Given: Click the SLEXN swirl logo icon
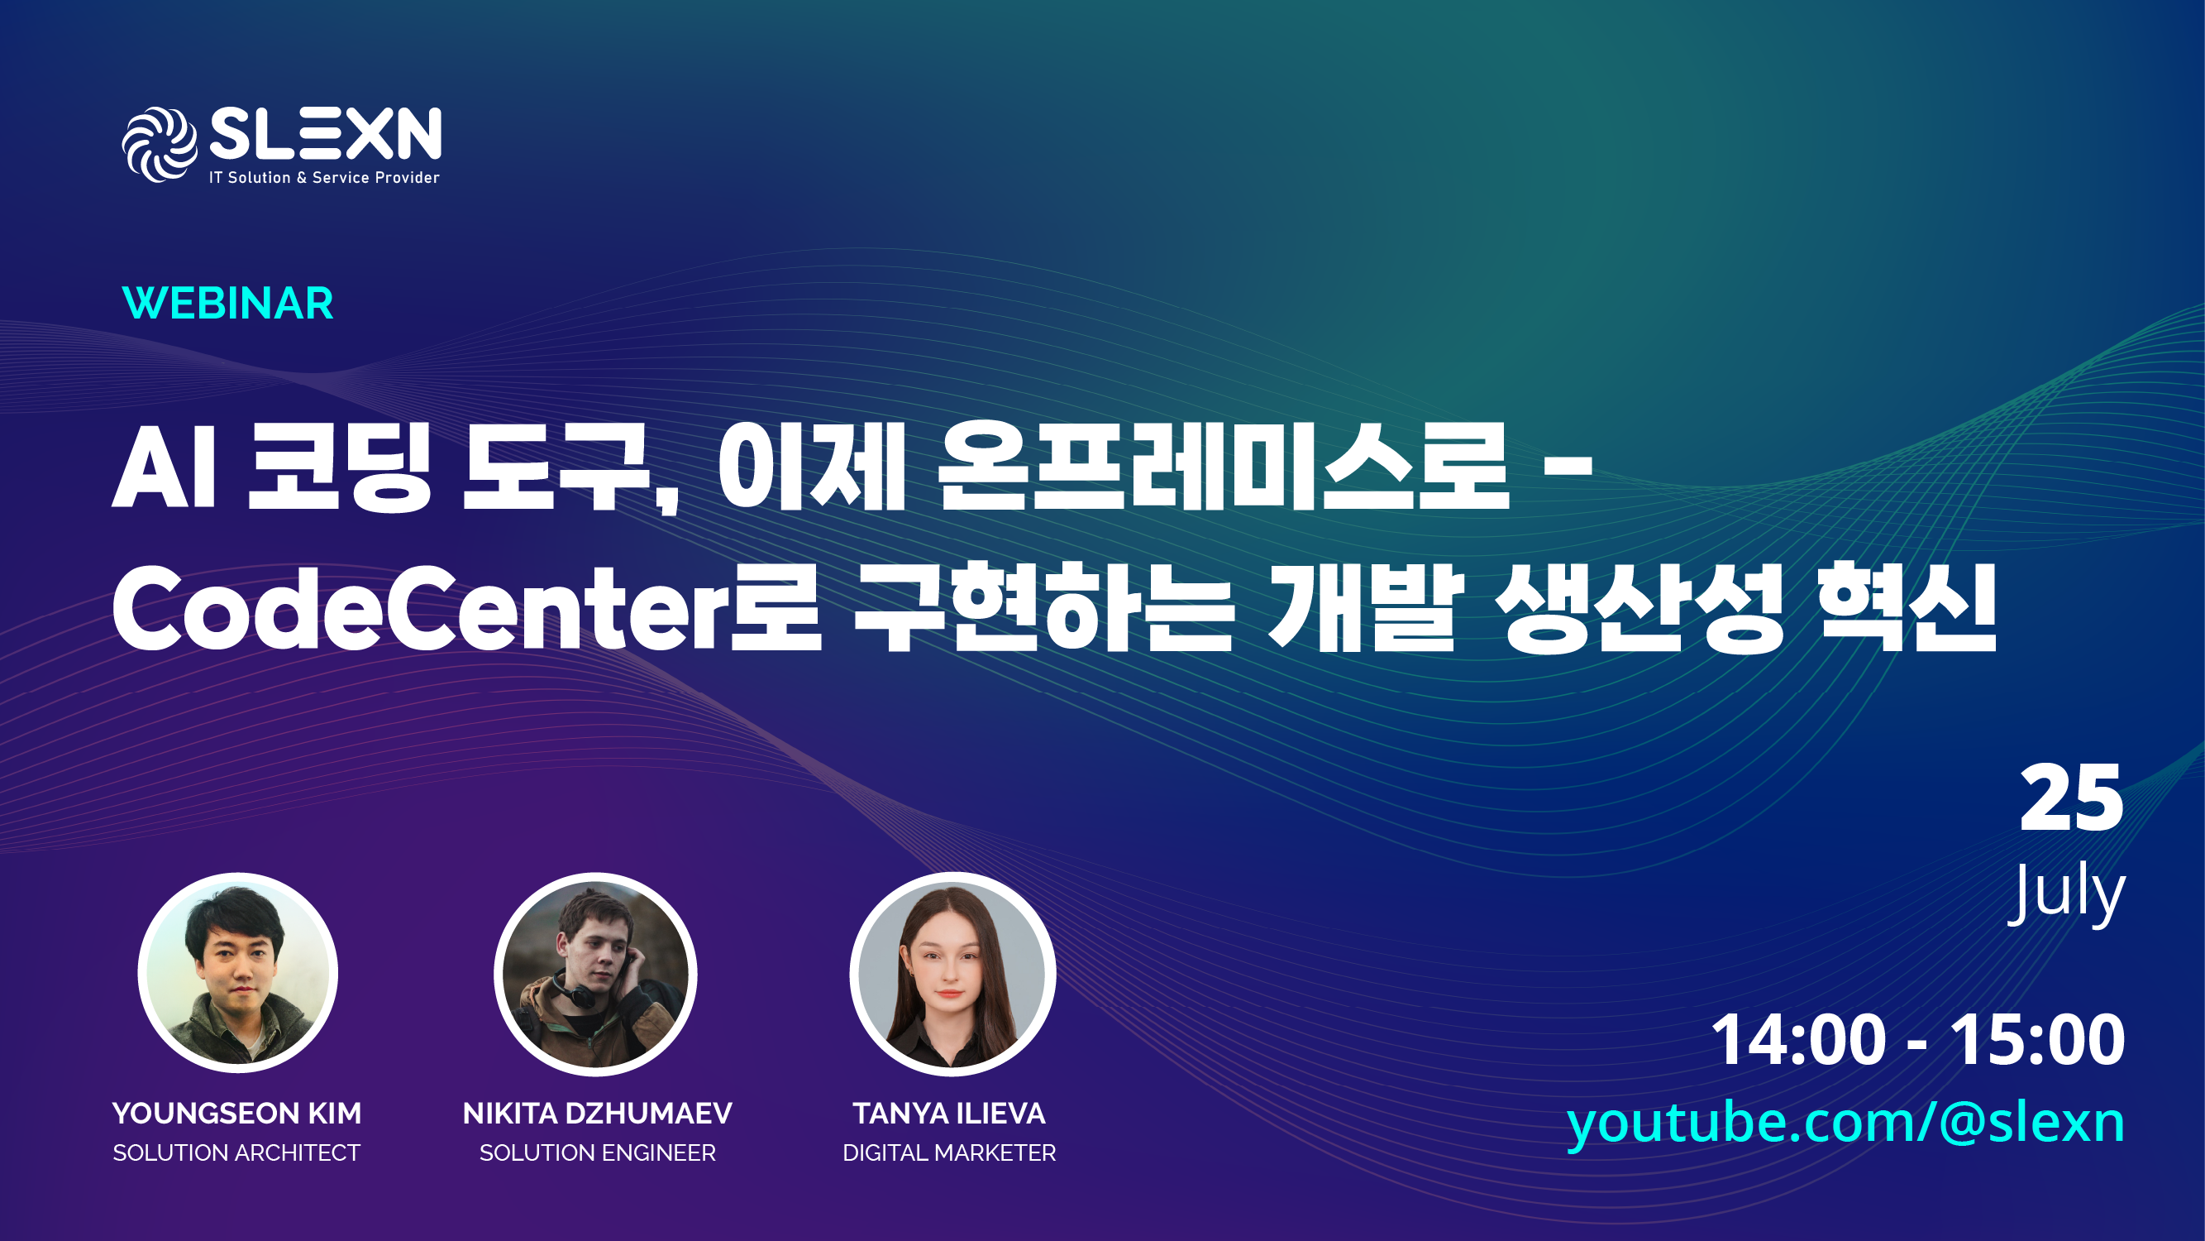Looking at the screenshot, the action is pyautogui.click(x=160, y=144).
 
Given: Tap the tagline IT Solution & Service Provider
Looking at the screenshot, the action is pyautogui.click(x=324, y=177).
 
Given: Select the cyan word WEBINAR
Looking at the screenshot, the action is pyautogui.click(x=227, y=303).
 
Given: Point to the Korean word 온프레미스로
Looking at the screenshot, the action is pyautogui.click(x=1222, y=467).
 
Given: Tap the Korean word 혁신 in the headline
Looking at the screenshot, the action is pyautogui.click(x=1908, y=607).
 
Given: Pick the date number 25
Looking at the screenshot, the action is pyautogui.click(x=2071, y=798).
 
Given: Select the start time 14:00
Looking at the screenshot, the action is pyautogui.click(x=1798, y=1040).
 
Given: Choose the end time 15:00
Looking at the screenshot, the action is pyautogui.click(x=2038, y=1040).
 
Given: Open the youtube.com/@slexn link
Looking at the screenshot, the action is pyautogui.click(x=1846, y=1123).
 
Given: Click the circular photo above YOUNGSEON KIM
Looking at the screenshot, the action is pyautogui.click(x=238, y=973).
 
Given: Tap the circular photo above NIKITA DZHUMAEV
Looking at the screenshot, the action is pyautogui.click(x=596, y=974).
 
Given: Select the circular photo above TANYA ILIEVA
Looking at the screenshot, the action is pyautogui.click(x=952, y=974).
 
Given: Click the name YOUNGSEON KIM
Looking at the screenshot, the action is pyautogui.click(x=237, y=1114).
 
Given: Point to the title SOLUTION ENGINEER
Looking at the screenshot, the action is pyautogui.click(x=598, y=1152).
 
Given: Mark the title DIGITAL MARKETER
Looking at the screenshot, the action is pyautogui.click(x=949, y=1152).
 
